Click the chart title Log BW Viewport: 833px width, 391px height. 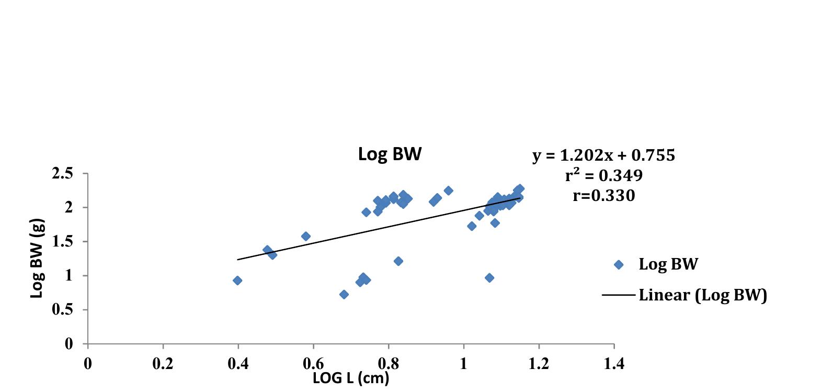tap(390, 154)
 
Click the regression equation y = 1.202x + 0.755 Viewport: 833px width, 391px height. tap(603, 155)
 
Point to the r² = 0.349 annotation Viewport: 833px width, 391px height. tap(603, 175)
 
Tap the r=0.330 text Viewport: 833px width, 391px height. tap(603, 196)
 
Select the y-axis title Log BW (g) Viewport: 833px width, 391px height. tap(37, 258)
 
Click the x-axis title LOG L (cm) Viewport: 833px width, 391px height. tap(351, 377)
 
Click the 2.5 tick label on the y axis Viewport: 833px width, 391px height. tap(62, 174)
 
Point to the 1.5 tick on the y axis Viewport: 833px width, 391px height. tap(62, 242)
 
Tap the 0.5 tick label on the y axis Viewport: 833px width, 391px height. tap(62, 310)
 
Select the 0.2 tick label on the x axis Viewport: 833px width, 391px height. tap(163, 364)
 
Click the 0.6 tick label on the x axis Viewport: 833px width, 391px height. tap(313, 364)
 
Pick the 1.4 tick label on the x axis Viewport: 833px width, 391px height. tap(613, 364)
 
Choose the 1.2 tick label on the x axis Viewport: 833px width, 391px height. tap(539, 364)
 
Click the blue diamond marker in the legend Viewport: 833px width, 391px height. tap(619, 265)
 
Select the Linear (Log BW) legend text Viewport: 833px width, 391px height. tap(702, 295)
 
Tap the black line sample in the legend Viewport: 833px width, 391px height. tap(619, 295)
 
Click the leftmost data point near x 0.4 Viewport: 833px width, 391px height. tap(237, 281)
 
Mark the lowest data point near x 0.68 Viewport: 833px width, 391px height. tap(344, 294)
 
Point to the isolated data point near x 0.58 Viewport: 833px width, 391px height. tap(306, 237)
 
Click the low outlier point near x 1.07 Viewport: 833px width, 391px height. tap(489, 278)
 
